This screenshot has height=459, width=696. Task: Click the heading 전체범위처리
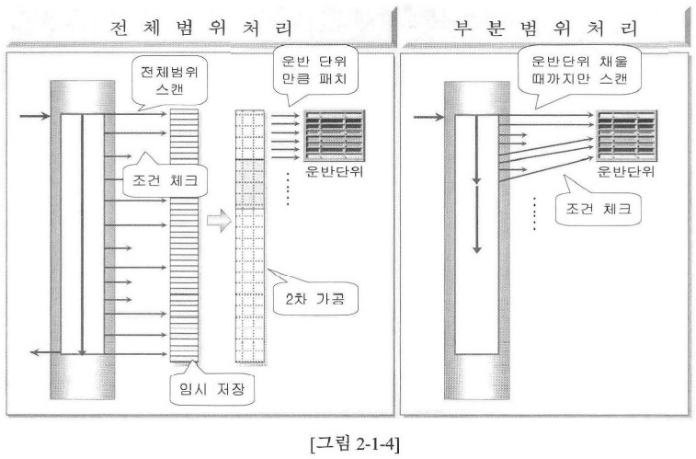pos(200,28)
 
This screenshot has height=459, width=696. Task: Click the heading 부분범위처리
pos(545,28)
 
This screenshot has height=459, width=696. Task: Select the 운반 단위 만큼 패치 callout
pos(314,70)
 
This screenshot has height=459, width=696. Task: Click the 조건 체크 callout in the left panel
pos(165,180)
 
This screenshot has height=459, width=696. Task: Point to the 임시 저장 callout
pos(211,389)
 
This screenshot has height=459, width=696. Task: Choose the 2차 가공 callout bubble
pos(314,298)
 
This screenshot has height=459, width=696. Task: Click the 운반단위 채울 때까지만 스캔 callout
pos(579,71)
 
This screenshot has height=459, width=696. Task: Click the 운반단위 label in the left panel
pos(334,171)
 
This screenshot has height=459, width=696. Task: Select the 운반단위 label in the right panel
pos(626,171)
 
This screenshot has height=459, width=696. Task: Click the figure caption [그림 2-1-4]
pos(355,443)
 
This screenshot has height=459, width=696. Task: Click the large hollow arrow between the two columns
pos(219,220)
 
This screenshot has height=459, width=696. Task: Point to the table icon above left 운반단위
pos(335,136)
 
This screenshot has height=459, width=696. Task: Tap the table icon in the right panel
pos(626,136)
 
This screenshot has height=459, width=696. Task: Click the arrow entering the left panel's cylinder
pos(35,116)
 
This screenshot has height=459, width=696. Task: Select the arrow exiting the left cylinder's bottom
pos(45,352)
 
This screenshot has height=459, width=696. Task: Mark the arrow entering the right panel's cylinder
pos(428,117)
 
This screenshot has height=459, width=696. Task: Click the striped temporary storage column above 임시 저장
pos(184,235)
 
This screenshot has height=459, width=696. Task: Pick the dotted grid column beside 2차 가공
pos(249,236)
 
